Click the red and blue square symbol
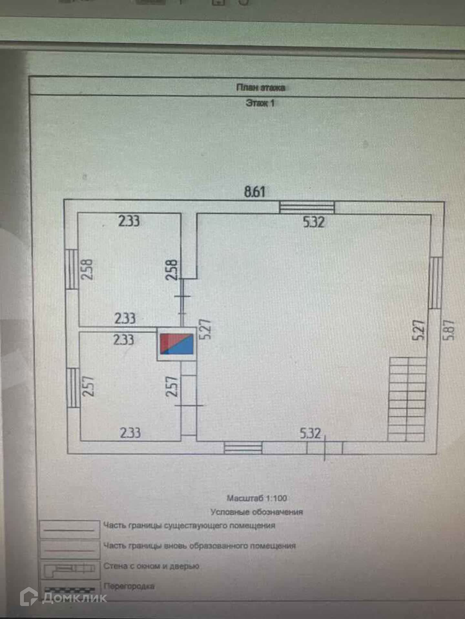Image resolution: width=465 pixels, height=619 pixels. (x=177, y=344)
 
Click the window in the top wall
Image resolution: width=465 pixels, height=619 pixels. (x=307, y=207)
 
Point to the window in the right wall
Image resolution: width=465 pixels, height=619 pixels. (x=435, y=283)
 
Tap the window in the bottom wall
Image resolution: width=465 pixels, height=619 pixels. (x=243, y=447)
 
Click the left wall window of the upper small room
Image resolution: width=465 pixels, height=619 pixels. (x=71, y=269)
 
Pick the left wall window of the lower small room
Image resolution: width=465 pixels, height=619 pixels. (x=73, y=388)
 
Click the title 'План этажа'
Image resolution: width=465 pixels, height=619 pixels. (x=261, y=88)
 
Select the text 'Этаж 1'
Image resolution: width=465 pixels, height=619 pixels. (x=260, y=103)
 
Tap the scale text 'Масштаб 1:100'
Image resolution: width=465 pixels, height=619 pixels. (x=257, y=498)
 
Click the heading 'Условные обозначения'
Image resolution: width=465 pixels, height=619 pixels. (x=257, y=512)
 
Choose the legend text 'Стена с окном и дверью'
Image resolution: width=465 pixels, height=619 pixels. (x=151, y=566)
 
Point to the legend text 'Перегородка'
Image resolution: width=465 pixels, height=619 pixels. (x=129, y=586)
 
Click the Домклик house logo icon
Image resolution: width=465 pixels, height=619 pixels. (x=29, y=597)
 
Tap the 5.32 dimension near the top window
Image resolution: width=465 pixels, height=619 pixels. (x=314, y=222)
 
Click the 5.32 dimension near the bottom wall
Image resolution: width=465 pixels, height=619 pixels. (x=310, y=433)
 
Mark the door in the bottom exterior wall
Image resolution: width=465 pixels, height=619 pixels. (x=325, y=447)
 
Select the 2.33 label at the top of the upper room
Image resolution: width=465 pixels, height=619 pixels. (x=129, y=221)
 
